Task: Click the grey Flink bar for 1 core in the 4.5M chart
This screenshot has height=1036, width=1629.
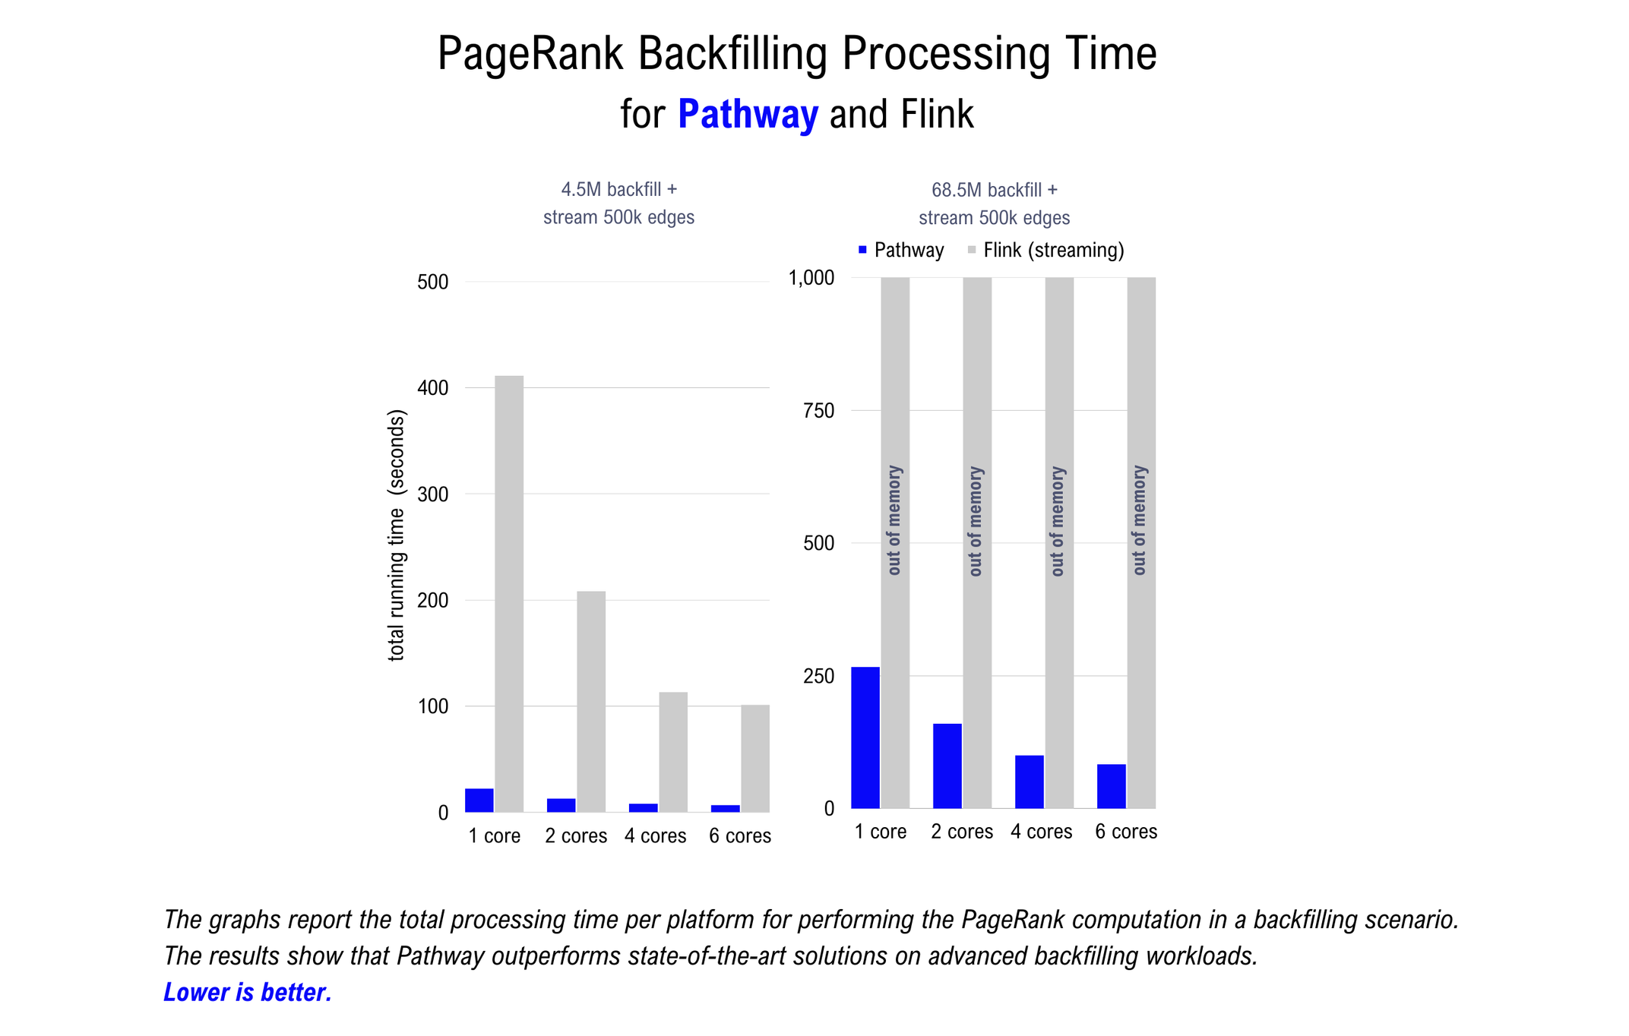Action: coord(509,593)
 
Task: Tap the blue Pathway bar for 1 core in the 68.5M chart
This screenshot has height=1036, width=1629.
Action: coord(865,737)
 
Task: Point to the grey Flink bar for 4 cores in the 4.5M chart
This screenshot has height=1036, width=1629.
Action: coord(673,751)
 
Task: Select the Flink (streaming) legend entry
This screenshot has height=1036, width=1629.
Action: coord(1046,251)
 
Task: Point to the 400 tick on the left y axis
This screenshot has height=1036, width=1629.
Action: coord(433,388)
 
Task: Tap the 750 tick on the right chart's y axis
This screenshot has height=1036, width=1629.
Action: coord(818,411)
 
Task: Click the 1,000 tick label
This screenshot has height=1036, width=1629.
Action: coord(811,278)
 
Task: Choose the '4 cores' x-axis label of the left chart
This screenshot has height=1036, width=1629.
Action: coord(656,836)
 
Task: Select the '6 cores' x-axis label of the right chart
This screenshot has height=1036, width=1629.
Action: coord(1126,832)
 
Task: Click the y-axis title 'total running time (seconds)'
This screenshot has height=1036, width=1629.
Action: coord(397,535)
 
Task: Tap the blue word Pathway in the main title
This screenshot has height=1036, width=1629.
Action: coord(748,115)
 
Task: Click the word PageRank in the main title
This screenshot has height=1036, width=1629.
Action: coord(530,55)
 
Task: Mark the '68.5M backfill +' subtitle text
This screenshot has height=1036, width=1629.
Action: coord(995,190)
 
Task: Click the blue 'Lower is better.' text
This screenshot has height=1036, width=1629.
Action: coord(248,993)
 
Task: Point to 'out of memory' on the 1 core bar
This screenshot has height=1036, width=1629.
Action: coord(894,520)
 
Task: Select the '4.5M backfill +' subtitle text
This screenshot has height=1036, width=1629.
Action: coord(618,189)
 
